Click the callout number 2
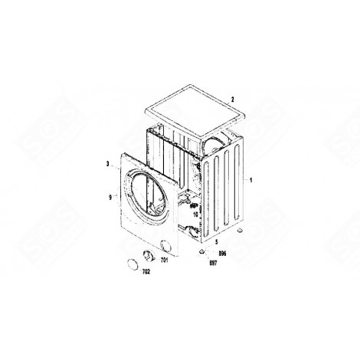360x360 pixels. (x=233, y=98)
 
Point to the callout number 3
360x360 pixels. (x=109, y=163)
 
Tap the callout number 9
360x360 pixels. (x=110, y=197)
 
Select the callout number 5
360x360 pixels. (x=215, y=241)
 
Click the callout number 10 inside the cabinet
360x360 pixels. (x=196, y=215)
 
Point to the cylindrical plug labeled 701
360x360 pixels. (x=150, y=257)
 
